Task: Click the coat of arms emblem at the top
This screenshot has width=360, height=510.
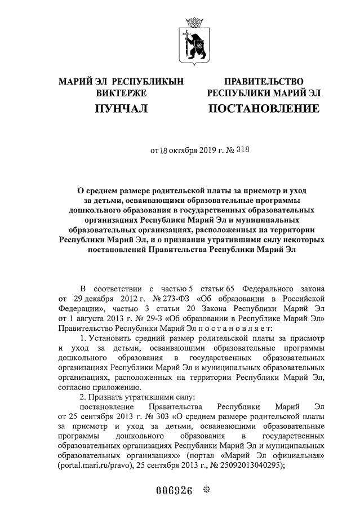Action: [195, 36]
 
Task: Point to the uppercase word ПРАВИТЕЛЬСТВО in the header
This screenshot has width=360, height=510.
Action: [264, 82]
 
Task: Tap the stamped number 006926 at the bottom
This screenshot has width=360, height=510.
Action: [174, 490]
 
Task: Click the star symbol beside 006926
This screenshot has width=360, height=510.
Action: [206, 490]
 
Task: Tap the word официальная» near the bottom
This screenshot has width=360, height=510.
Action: [300, 457]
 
